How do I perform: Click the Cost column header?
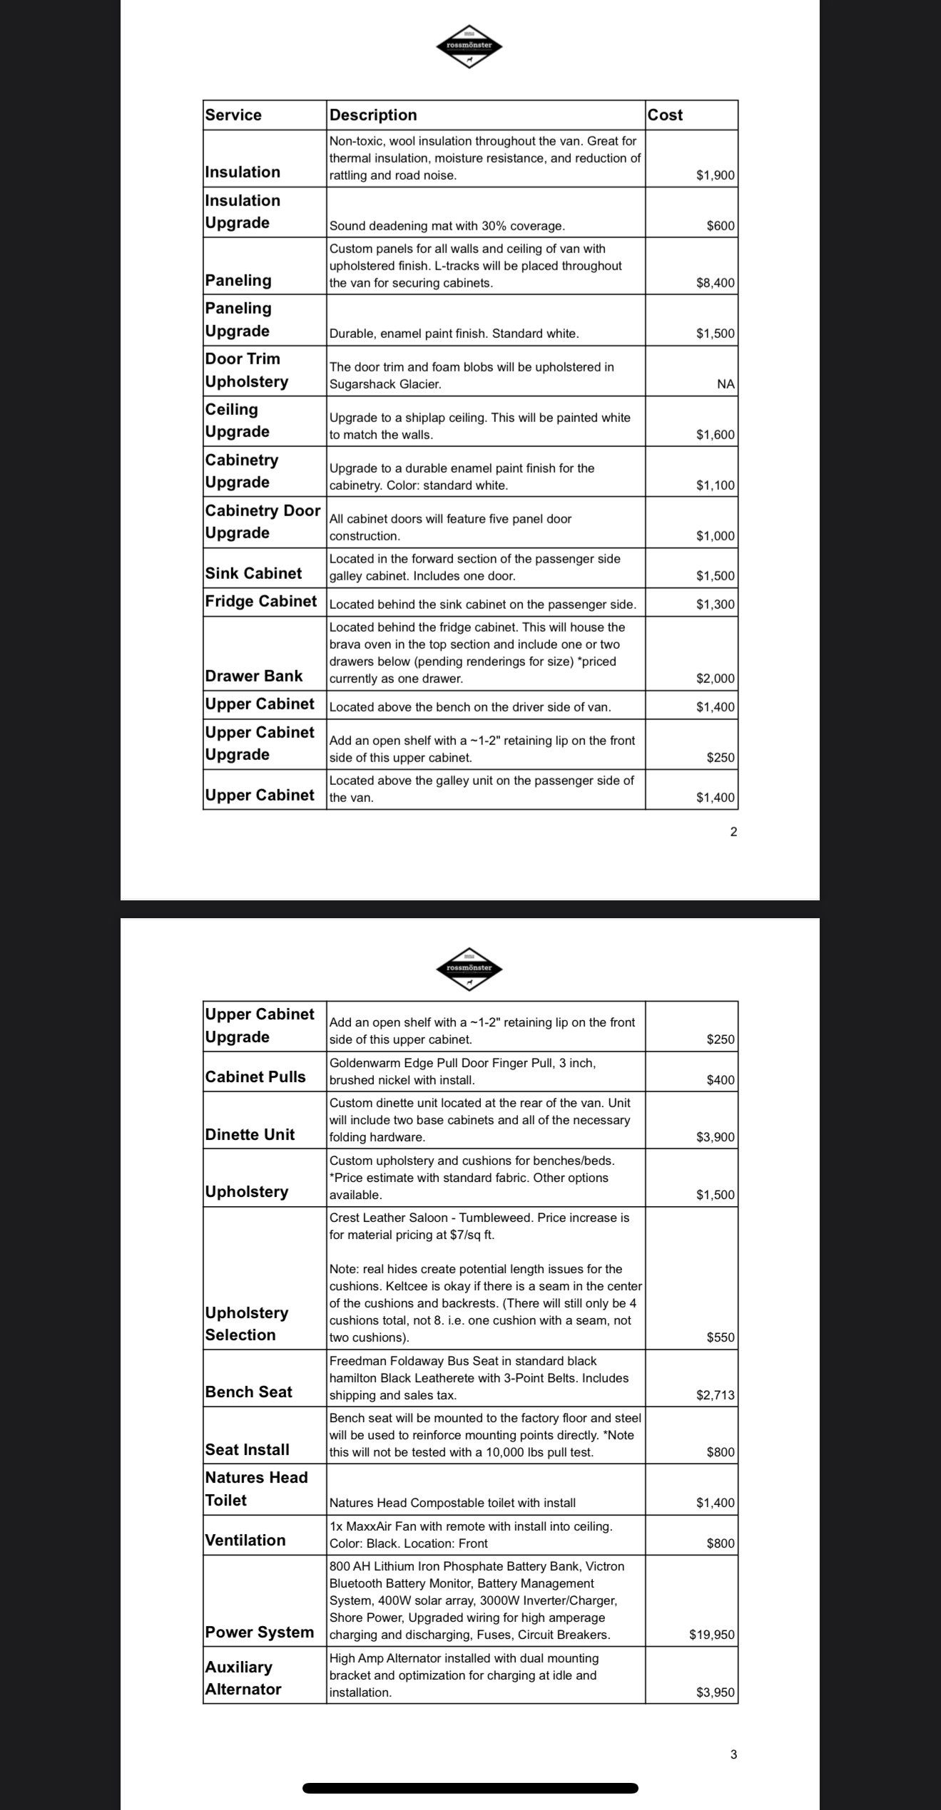pyautogui.click(x=665, y=115)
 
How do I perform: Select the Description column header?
pyautogui.click(x=373, y=115)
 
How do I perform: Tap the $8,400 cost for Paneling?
pyautogui.click(x=715, y=283)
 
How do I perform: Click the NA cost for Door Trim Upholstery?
pyautogui.click(x=725, y=384)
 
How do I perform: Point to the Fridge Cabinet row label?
pyautogui.click(x=260, y=602)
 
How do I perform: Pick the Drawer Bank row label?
pyautogui.click(x=253, y=676)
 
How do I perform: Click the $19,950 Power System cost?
pyautogui.click(x=711, y=1635)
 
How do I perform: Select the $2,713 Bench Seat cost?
pyautogui.click(x=715, y=1395)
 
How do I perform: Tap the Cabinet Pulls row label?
pyautogui.click(x=255, y=1077)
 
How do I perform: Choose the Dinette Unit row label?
pyautogui.click(x=249, y=1135)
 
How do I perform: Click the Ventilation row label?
pyautogui.click(x=245, y=1541)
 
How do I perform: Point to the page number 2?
pyautogui.click(x=733, y=832)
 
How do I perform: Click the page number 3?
pyautogui.click(x=733, y=1754)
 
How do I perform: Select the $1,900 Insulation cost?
pyautogui.click(x=715, y=175)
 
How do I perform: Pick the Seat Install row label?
pyautogui.click(x=247, y=1450)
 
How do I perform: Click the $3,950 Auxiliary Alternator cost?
pyautogui.click(x=715, y=1692)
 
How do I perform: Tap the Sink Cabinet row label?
pyautogui.click(x=253, y=574)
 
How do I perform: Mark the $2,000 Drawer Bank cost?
pyautogui.click(x=715, y=679)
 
